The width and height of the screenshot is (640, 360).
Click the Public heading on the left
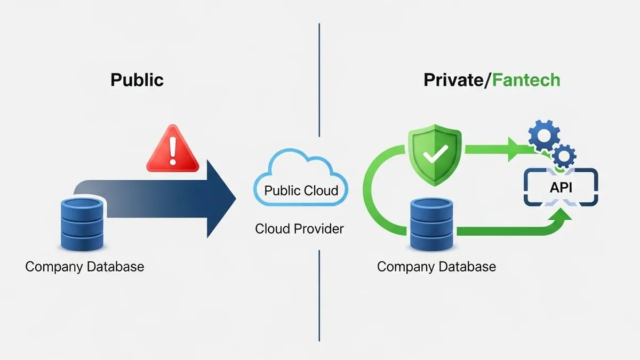coord(137,80)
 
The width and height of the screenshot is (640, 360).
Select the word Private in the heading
coord(452,80)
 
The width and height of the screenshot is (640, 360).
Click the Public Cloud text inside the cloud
coord(301,190)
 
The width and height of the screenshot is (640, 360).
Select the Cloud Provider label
coord(299,229)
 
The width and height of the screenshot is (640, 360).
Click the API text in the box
coord(561,188)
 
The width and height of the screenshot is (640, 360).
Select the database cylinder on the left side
coord(82,224)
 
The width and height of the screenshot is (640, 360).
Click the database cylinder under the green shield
coord(432,224)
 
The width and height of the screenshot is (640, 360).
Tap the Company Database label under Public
coord(85,266)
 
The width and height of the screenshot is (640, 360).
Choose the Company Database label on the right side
coord(436,266)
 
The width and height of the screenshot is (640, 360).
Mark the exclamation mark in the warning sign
coord(172,150)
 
